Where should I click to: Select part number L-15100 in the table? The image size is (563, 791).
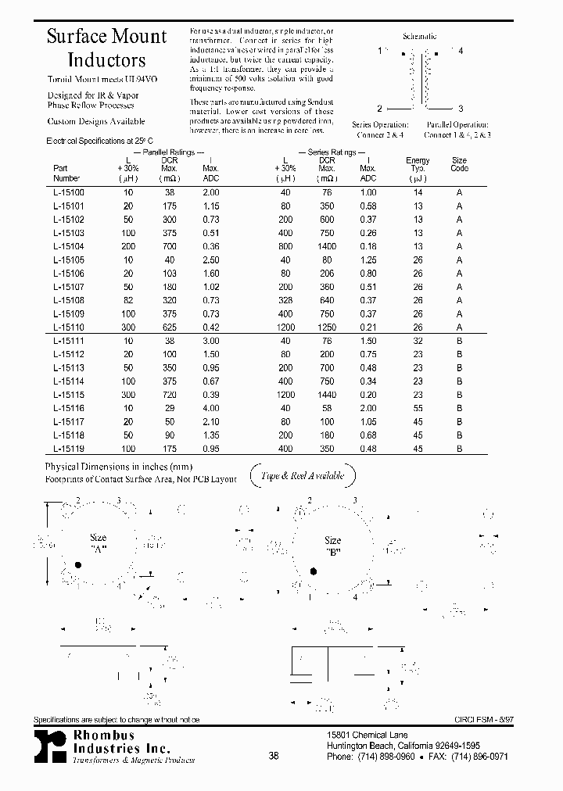pyautogui.click(x=69, y=192)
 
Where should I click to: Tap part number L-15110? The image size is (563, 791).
pyautogui.click(x=69, y=327)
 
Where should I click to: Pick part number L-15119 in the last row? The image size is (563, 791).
pyautogui.click(x=69, y=449)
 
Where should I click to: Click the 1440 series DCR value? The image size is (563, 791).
pyautogui.click(x=327, y=395)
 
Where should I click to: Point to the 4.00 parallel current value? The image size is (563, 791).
pyautogui.click(x=210, y=408)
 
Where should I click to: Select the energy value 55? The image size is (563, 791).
pyautogui.click(x=418, y=408)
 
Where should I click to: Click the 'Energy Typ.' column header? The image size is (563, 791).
pyautogui.click(x=418, y=164)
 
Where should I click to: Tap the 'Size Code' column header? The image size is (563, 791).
pyautogui.click(x=460, y=164)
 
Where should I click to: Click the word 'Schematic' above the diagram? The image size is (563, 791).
pyautogui.click(x=420, y=36)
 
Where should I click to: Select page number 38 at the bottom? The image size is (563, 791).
pyautogui.click(x=274, y=755)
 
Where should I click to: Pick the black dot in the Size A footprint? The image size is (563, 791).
pyautogui.click(x=77, y=564)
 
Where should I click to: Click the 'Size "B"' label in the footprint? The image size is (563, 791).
pyautogui.click(x=333, y=545)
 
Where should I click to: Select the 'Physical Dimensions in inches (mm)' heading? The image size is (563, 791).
pyautogui.click(x=119, y=465)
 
